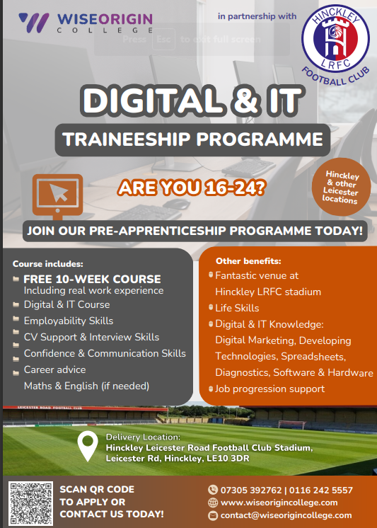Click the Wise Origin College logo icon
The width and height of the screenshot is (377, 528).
point(34,22)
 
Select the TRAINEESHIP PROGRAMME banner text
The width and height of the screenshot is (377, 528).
point(193,139)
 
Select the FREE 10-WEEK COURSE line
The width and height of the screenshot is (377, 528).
point(92,279)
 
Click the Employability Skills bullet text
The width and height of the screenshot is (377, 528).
point(68,321)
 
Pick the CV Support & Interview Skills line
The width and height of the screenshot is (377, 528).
point(91,337)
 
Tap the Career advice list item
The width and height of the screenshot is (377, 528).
point(54,369)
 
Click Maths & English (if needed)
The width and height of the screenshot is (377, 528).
point(86,386)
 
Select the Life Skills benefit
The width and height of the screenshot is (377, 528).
point(237,308)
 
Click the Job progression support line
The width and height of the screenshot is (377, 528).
point(269,389)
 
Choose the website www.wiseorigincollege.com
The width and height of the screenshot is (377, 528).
point(279,503)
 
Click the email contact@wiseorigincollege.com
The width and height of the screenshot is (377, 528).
point(289,515)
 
